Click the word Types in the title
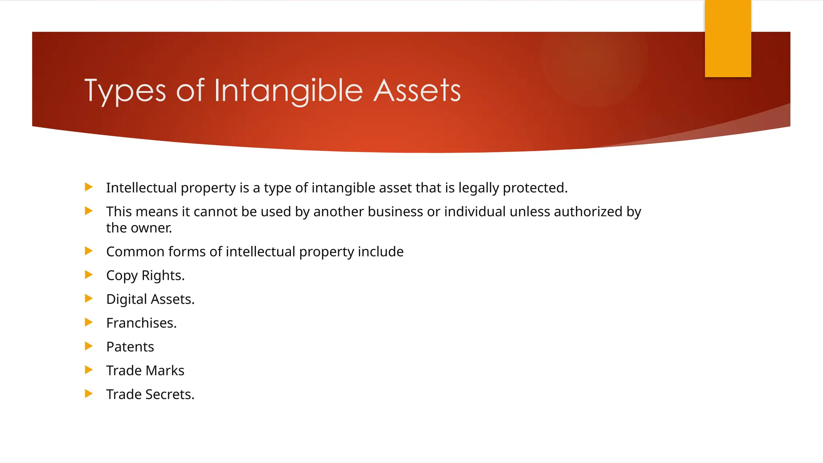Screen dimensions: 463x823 click(x=125, y=91)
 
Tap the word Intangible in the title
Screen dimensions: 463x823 click(x=288, y=91)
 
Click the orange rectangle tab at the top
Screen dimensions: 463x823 click(x=728, y=39)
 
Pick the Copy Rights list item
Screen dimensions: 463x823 click(x=145, y=276)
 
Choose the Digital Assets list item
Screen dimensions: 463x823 click(x=150, y=299)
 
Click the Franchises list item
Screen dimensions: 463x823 click(x=141, y=323)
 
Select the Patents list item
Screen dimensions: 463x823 click(x=130, y=347)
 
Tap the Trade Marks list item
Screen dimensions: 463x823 click(x=145, y=371)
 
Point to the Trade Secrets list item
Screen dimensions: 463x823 click(x=150, y=394)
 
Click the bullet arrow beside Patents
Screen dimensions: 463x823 click(x=89, y=346)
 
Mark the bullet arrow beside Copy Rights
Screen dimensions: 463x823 click(x=89, y=275)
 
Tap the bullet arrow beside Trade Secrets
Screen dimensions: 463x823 click(x=89, y=393)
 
